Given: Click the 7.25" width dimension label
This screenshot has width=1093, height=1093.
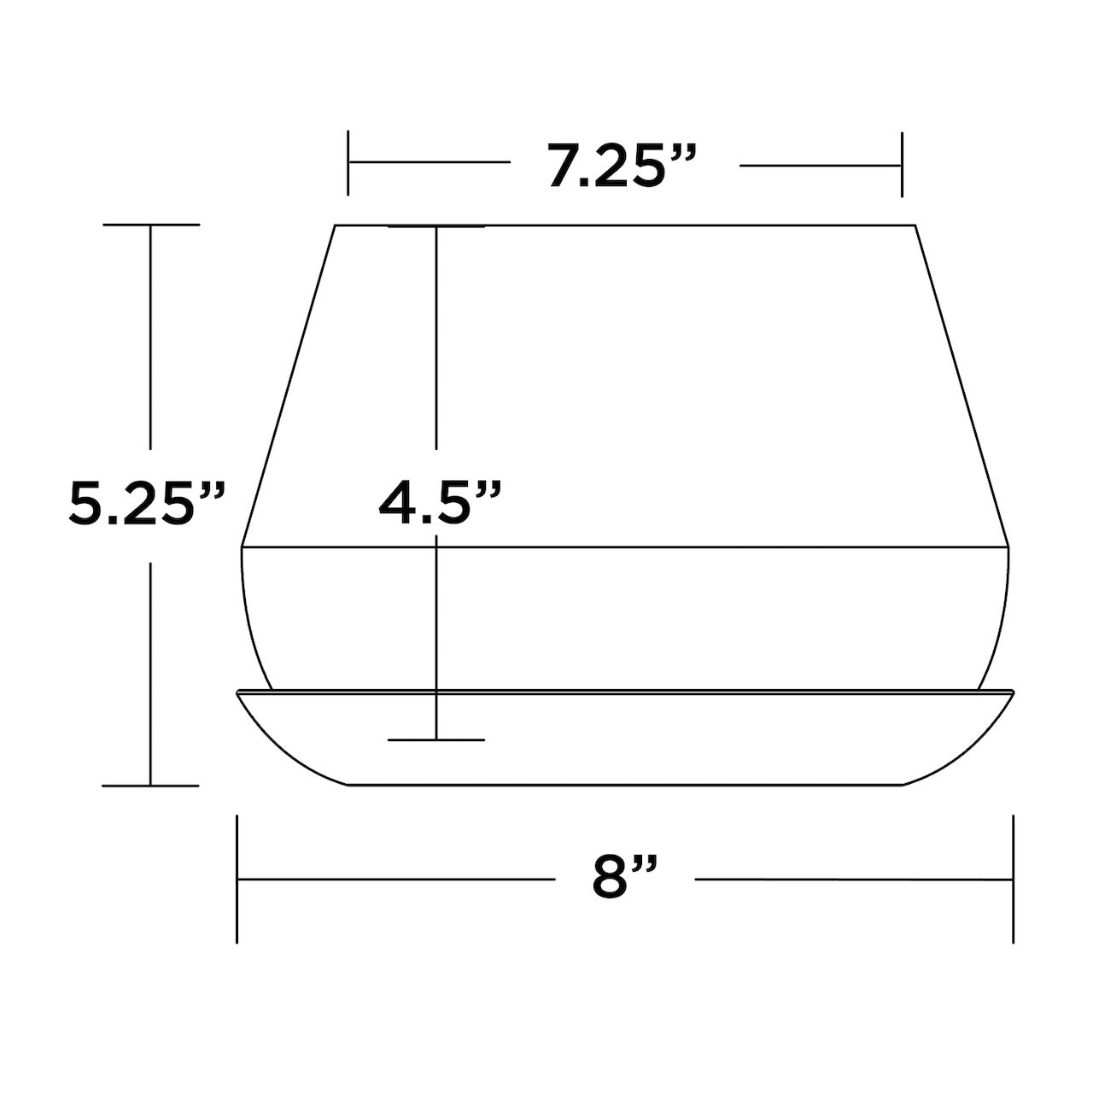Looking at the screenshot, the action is coord(621,165).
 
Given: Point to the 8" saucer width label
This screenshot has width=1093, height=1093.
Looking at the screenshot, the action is coord(624,879).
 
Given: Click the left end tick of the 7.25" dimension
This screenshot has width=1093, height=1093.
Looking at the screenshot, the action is coord(348,163).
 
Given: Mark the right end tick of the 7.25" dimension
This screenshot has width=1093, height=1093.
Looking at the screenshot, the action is coord(902,165).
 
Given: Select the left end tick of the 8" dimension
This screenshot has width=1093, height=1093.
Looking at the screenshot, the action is coord(237,880).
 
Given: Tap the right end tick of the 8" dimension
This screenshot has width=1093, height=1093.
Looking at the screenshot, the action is coord(1013,880).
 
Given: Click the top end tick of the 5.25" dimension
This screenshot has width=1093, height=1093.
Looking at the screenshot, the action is coord(151,225).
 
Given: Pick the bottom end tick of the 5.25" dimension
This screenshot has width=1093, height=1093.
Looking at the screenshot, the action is coord(150,786).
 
